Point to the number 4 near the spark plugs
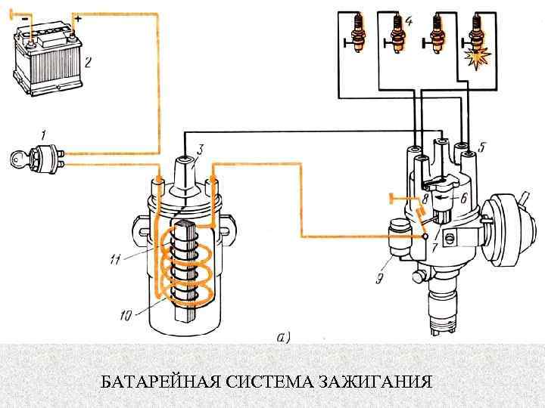[409, 22]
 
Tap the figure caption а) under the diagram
[283, 337]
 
